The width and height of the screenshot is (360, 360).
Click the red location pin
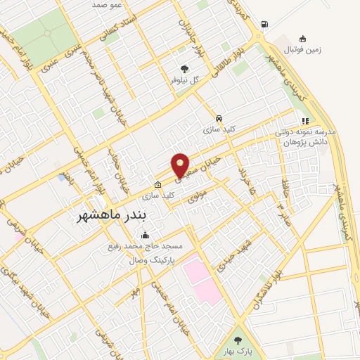(181, 165)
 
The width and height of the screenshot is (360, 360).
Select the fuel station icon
(264, 25)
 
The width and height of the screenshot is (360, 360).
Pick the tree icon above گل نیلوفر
(184, 69)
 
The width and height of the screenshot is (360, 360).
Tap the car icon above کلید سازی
(220, 118)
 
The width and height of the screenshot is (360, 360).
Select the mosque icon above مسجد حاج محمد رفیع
(146, 236)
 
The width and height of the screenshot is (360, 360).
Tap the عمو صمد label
(108, 4)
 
